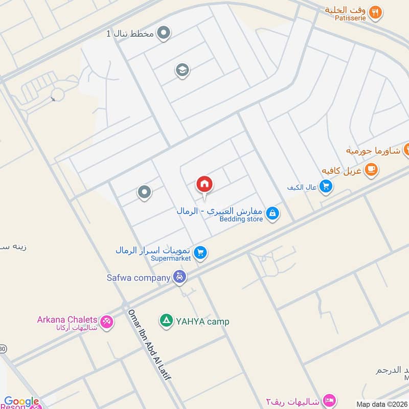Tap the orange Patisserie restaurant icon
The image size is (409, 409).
point(375,12)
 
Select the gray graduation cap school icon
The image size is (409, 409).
point(181,70)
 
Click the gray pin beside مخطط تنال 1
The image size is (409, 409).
point(164,34)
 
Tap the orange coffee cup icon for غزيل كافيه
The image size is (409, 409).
point(371,169)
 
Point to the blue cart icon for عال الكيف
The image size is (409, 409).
point(326,188)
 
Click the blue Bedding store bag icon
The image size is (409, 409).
point(272,213)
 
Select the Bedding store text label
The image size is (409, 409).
point(241,219)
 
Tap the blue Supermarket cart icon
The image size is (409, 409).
point(200,253)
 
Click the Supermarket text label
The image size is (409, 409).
point(171,259)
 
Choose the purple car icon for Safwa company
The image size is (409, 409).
point(179,278)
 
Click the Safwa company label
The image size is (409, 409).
point(138,278)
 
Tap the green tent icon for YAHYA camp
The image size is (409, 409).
point(166,321)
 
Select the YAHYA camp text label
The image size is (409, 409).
point(203,322)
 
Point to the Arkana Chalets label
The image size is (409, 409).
point(67,320)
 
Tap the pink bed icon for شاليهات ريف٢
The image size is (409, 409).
point(330,399)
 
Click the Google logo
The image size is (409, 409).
point(21,402)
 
